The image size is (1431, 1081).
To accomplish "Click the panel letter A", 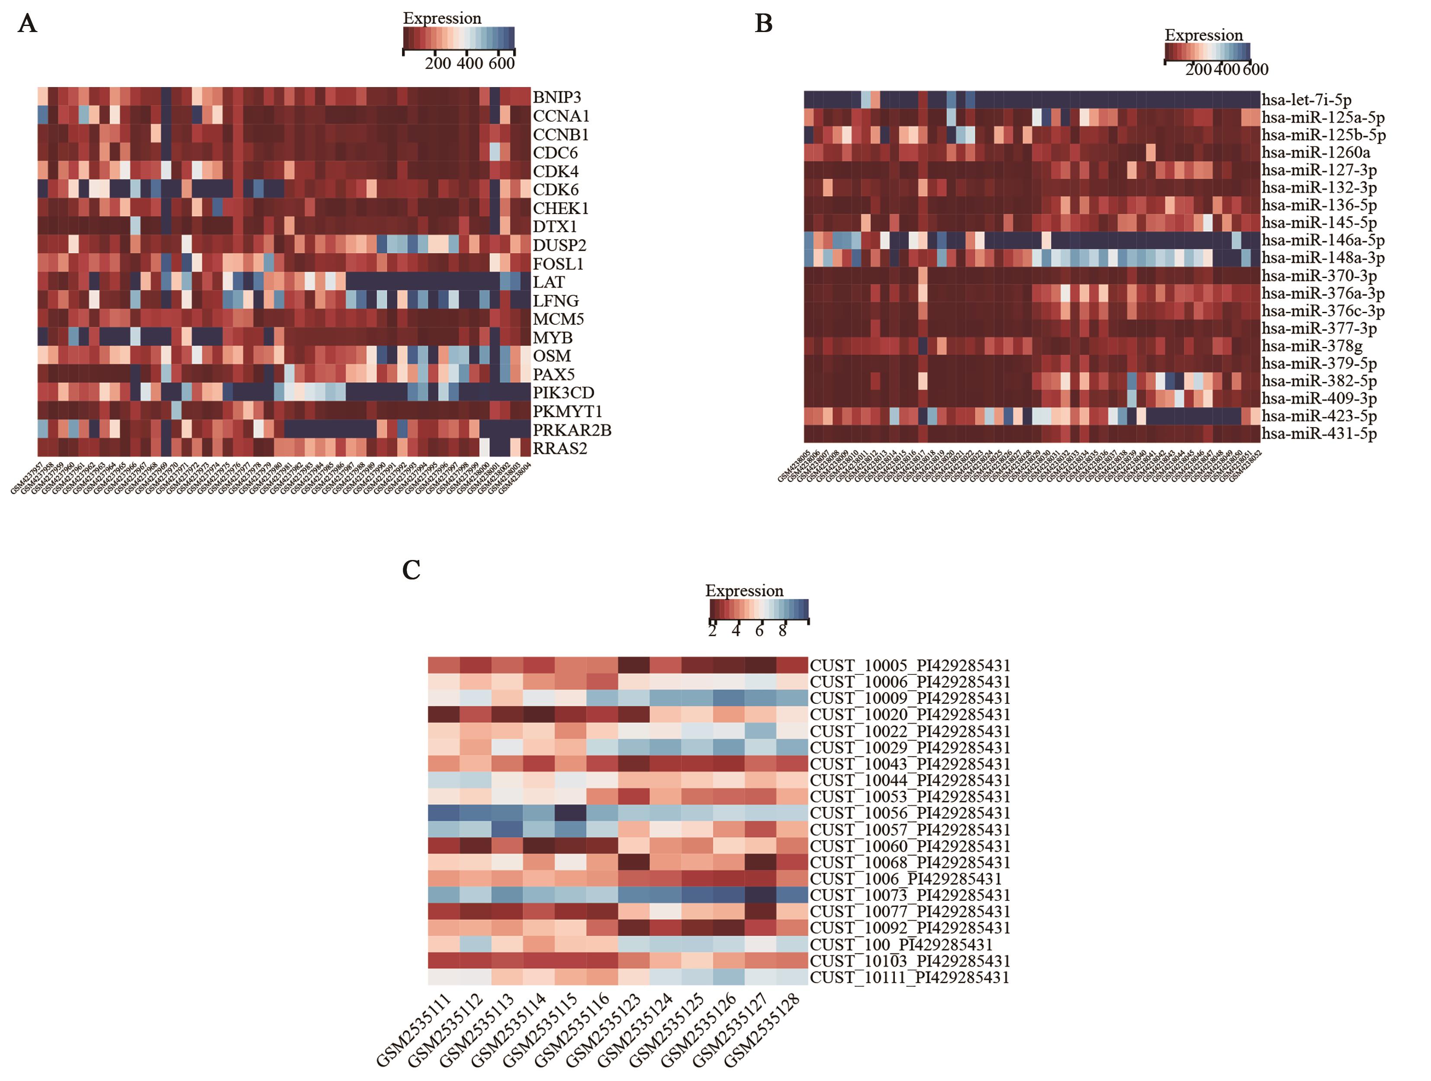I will [27, 24].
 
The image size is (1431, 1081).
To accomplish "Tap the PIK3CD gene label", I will [563, 393].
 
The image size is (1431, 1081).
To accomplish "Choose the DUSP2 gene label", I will [559, 245].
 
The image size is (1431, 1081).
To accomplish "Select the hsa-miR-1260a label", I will [1315, 153].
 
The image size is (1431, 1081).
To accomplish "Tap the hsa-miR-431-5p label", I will [1319, 434].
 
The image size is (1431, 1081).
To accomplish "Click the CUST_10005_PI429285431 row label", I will [910, 665].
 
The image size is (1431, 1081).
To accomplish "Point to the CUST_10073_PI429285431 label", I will [910, 895].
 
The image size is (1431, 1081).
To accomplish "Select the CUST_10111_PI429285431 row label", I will [910, 977].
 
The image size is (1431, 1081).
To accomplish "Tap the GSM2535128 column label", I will [762, 1029].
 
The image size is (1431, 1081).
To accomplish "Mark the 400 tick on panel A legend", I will [469, 63].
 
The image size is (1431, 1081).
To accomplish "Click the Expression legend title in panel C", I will [744, 591].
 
